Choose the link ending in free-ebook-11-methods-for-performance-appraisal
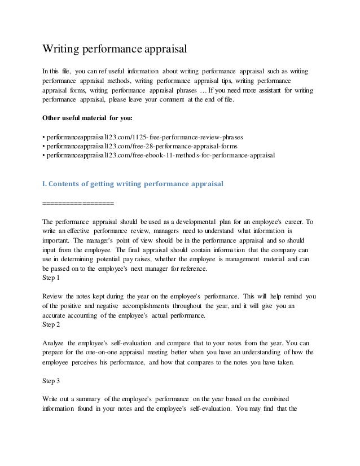tap(159, 156)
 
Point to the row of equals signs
tap(78, 203)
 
